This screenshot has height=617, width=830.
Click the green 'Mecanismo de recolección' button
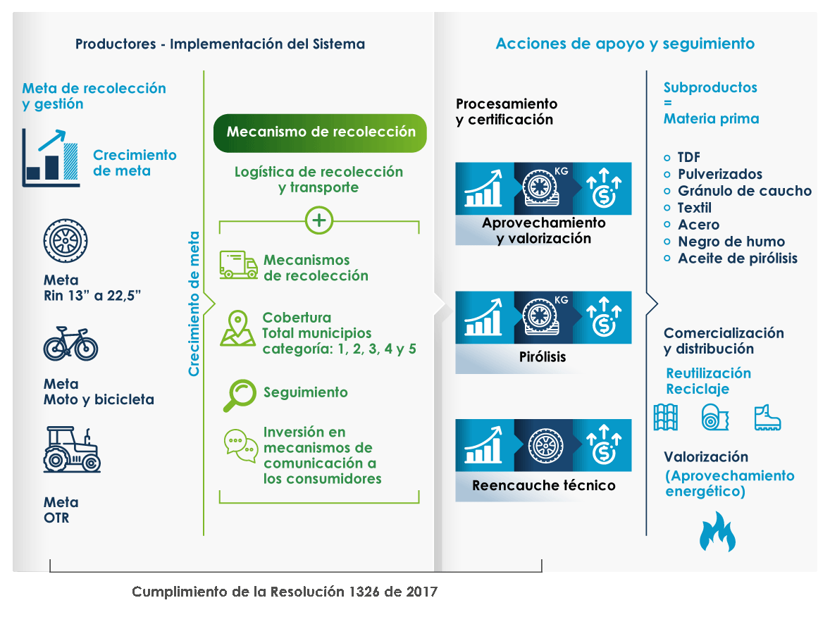[320, 132]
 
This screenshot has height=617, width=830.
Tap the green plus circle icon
[319, 220]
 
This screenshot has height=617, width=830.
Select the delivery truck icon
[237, 265]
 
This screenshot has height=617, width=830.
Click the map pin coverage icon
[237, 328]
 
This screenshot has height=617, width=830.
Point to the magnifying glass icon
[239, 394]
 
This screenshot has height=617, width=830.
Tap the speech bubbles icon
[240, 446]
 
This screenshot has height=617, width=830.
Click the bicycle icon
[70, 344]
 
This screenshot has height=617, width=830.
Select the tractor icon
[73, 449]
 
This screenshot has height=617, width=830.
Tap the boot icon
[767, 417]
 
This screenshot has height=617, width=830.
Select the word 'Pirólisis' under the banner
[543, 357]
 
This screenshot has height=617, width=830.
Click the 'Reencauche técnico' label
[543, 485]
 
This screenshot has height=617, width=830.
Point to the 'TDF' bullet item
[688, 157]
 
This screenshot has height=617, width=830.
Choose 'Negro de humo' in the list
[731, 242]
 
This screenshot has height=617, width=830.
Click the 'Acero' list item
[698, 225]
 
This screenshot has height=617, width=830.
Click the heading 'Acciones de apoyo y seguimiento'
[625, 44]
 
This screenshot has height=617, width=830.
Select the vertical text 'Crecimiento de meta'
[194, 304]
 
